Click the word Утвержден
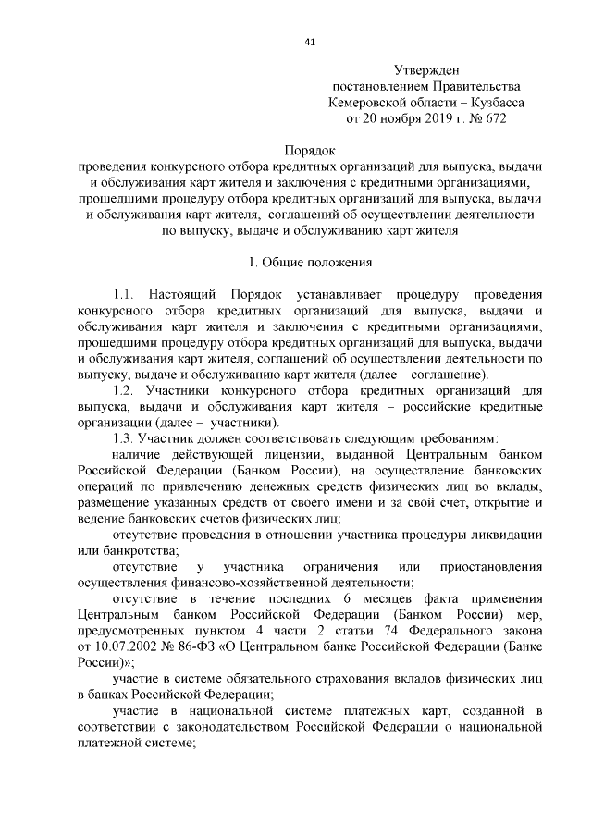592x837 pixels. (426, 69)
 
